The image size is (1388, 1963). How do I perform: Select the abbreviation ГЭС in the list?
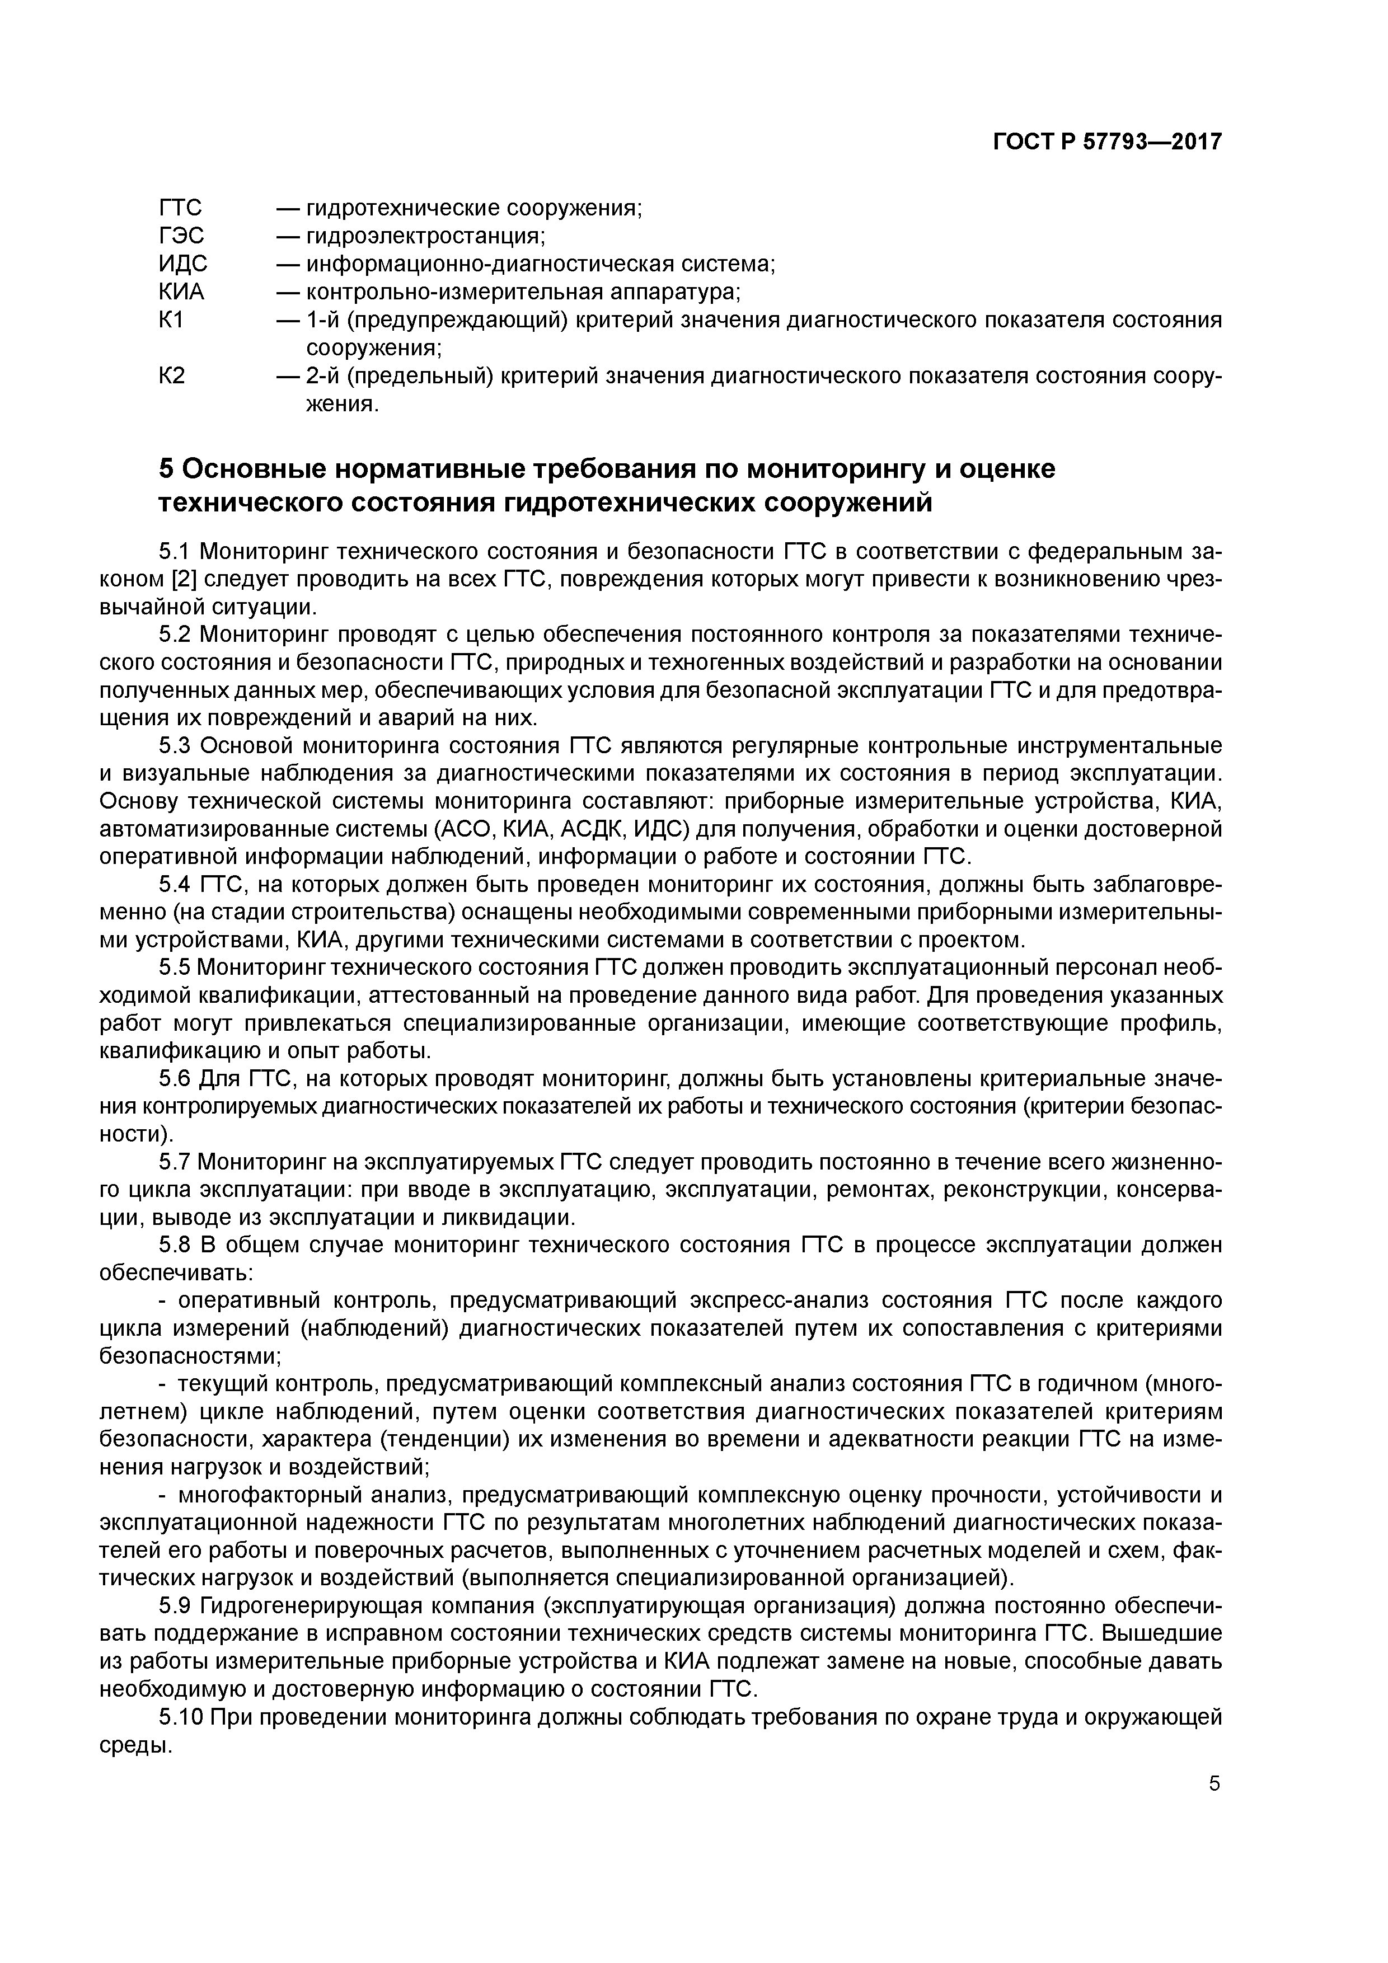tap(181, 236)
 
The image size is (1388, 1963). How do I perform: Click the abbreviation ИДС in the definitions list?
tap(183, 264)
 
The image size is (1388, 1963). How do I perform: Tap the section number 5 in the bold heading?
tap(167, 469)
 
